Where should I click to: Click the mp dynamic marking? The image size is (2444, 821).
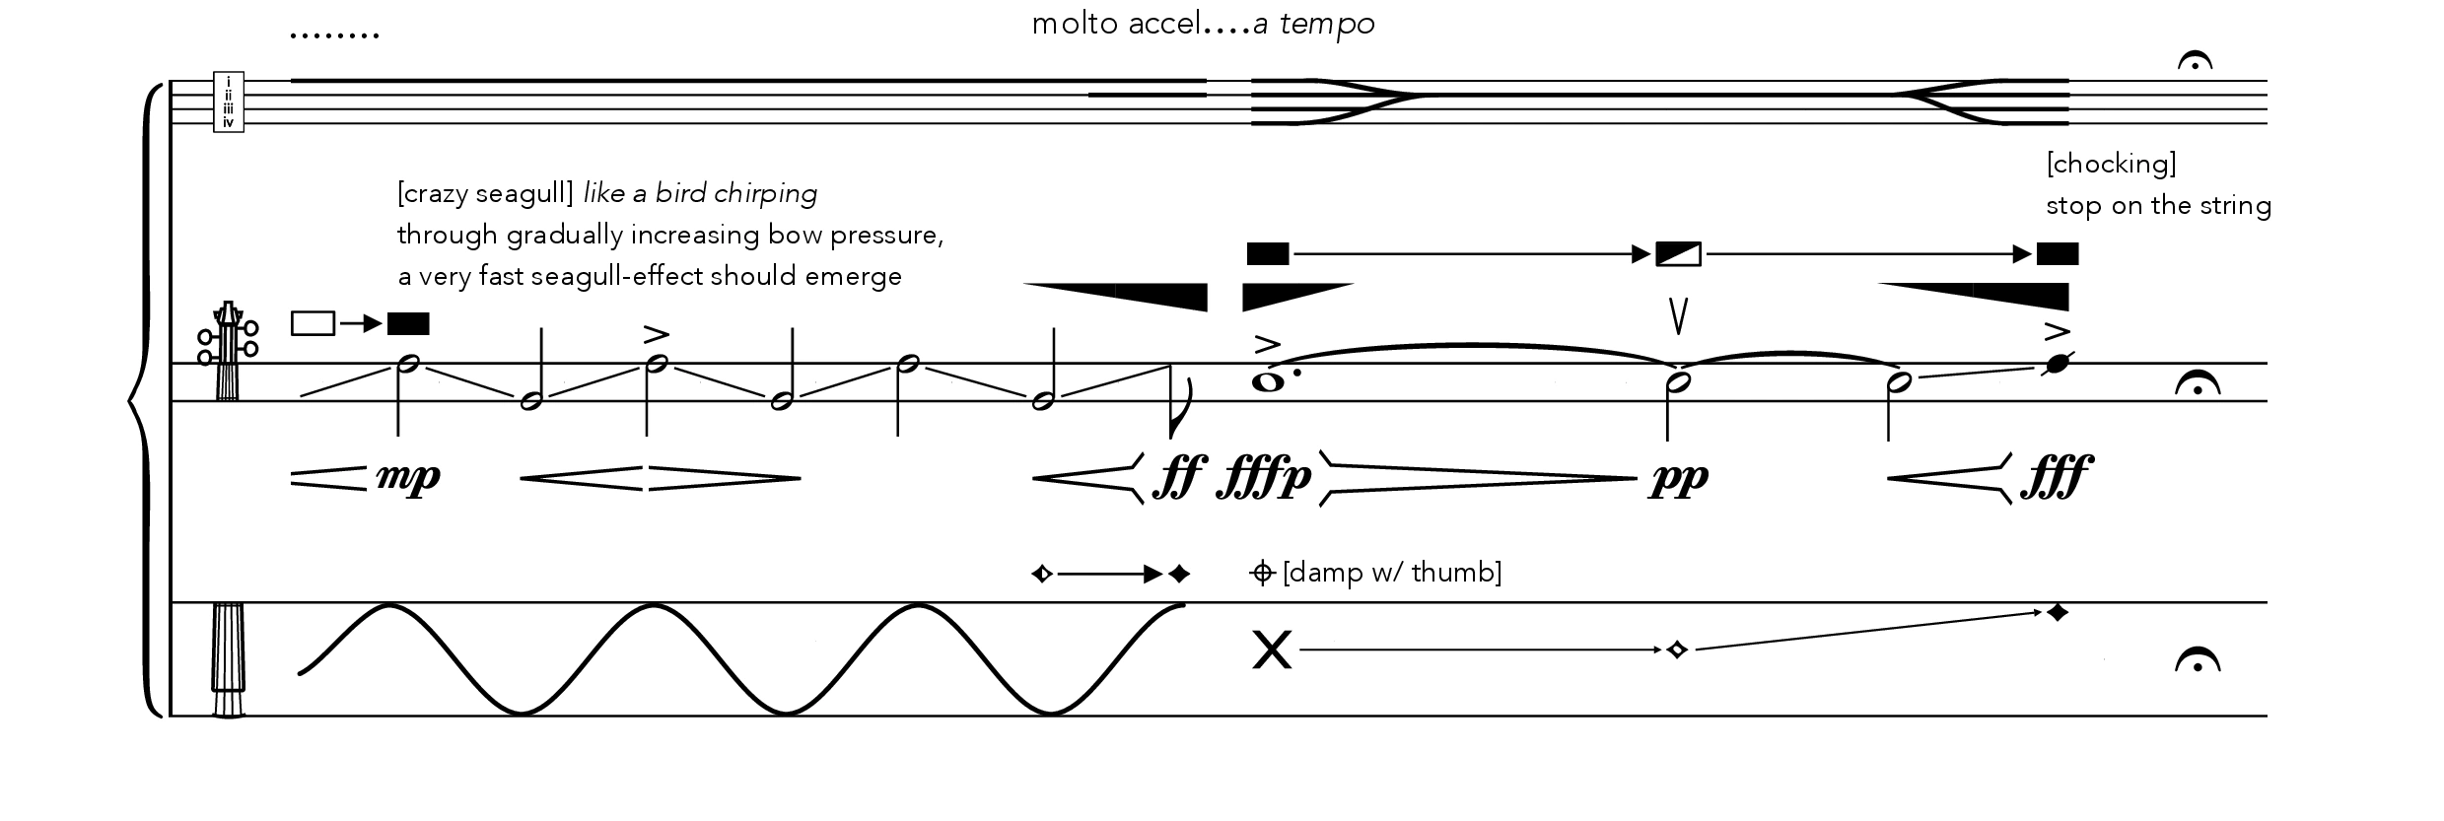(408, 478)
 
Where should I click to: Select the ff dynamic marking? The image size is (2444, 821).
(1178, 478)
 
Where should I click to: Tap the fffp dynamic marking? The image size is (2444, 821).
(1266, 478)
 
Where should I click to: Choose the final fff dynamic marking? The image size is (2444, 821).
(2057, 478)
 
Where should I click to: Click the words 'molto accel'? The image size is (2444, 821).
(1116, 24)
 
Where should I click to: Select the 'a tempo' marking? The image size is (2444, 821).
(1314, 24)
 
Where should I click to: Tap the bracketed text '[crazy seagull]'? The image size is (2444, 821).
(485, 193)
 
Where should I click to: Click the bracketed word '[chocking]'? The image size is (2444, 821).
(2111, 164)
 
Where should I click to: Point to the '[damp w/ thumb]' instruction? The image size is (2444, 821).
(1392, 573)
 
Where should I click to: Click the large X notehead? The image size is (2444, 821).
(1271, 650)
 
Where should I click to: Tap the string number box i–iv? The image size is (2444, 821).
(229, 102)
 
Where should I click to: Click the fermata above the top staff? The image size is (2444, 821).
(2195, 61)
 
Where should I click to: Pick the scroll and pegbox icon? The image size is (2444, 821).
(229, 351)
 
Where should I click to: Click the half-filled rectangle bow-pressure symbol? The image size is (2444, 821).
(1678, 254)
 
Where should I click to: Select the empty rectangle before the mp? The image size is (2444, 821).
(314, 323)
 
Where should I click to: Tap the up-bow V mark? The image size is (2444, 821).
(1678, 315)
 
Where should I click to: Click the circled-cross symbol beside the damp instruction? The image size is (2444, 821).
(1262, 573)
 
